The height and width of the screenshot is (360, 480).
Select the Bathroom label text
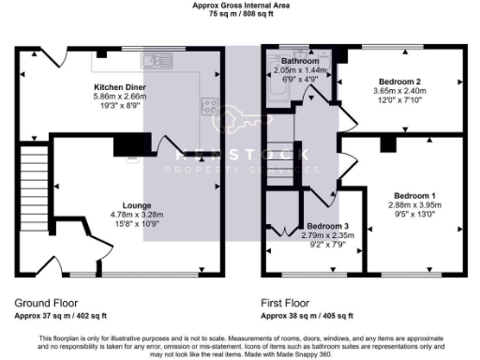(296, 61)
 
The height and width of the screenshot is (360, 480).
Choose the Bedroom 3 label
(327, 227)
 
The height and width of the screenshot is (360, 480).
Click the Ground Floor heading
(47, 303)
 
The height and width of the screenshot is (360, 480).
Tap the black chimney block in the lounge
(131, 144)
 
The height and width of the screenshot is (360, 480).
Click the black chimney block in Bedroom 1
(386, 144)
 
